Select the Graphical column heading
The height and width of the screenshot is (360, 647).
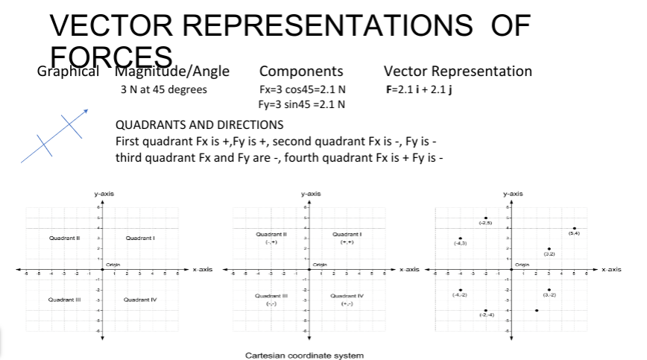[68, 72]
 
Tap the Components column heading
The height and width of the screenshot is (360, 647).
[301, 72]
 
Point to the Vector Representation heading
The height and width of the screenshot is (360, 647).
[457, 72]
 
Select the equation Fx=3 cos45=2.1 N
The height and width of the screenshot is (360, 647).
[297, 89]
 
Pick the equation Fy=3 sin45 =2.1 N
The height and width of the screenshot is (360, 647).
[297, 104]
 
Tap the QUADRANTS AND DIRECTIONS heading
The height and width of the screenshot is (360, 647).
[200, 124]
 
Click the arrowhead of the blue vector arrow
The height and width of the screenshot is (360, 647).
[86, 111]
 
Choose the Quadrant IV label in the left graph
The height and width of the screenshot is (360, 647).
[140, 300]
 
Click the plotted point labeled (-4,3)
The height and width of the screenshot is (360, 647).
[461, 239]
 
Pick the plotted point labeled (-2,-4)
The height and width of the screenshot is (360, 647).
[486, 310]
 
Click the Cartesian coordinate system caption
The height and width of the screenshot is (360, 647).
[304, 355]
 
